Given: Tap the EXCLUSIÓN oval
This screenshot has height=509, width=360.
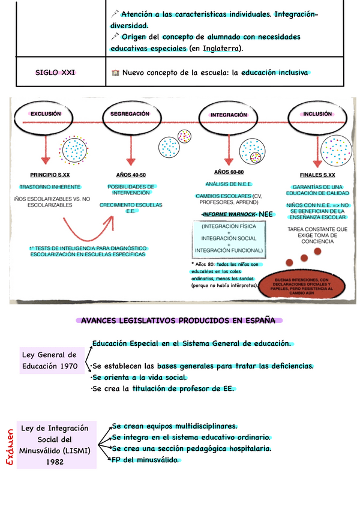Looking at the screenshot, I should pos(46,113).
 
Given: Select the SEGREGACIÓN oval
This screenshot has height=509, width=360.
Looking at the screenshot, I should pos(130,113).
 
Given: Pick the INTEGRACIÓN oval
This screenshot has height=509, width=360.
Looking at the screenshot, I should pos(229,114).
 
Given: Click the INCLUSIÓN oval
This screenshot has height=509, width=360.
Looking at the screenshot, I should pos(317,113).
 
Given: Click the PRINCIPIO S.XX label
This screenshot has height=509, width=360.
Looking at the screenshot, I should pos(50,175).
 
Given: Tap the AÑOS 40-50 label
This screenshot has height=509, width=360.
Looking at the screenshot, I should pos(131,175).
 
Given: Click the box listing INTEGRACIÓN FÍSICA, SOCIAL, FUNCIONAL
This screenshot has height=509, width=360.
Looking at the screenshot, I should pos(229,238).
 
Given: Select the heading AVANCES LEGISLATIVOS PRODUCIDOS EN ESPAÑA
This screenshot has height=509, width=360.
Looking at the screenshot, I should pos(178,321).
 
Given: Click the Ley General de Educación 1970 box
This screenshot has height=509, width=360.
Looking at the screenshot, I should pos(49,360).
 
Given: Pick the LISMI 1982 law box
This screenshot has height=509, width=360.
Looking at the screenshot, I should pos(55,445).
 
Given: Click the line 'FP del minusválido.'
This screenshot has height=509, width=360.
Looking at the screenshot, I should pos(145,460).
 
